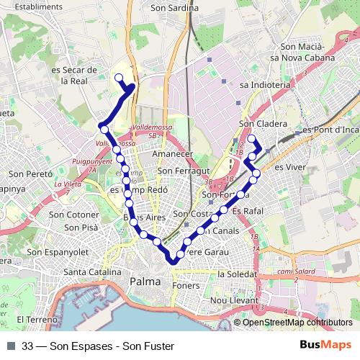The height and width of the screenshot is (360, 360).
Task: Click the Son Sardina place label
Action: (x=174, y=9)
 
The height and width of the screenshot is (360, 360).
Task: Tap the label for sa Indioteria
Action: (x=265, y=84)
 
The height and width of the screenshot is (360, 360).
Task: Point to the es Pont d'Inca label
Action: (x=330, y=130)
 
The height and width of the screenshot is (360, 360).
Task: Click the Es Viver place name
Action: (x=287, y=166)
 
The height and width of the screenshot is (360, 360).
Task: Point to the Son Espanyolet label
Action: (x=58, y=253)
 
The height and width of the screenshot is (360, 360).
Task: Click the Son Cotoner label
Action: (x=73, y=215)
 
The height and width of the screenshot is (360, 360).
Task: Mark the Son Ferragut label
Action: (x=183, y=171)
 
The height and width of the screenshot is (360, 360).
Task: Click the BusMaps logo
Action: (x=326, y=346)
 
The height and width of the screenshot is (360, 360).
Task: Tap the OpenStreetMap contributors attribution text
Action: (x=297, y=323)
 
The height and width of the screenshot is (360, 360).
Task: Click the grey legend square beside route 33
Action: (x=11, y=346)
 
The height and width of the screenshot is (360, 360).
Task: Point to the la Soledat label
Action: (x=237, y=274)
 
